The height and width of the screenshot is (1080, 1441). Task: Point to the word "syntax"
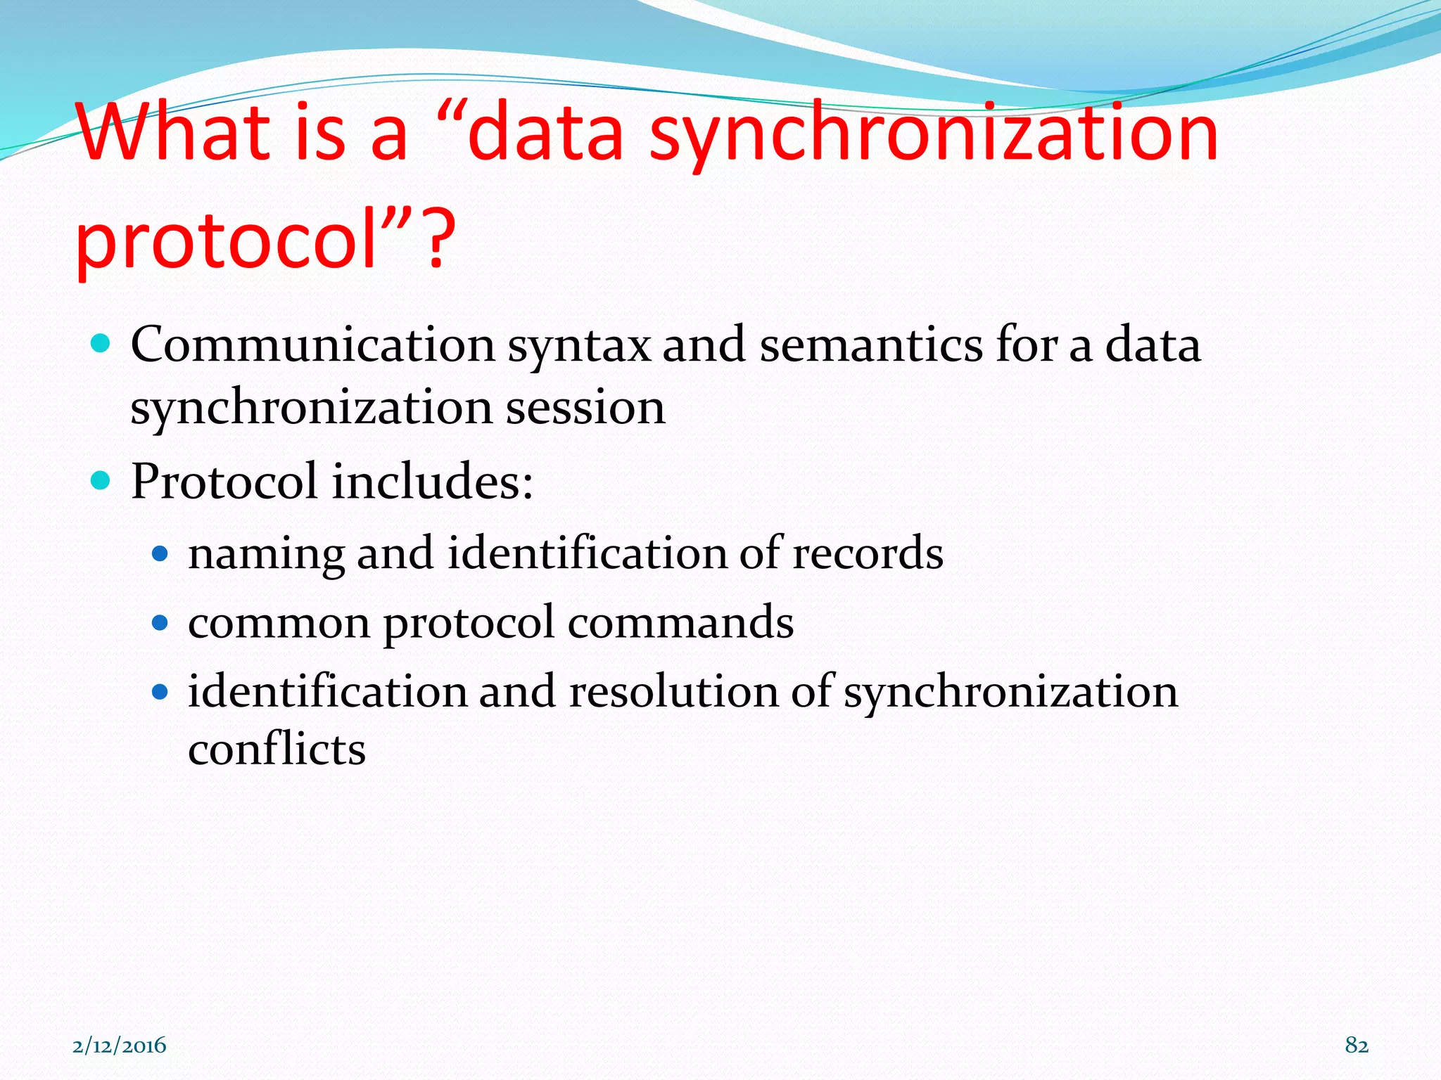pos(579,347)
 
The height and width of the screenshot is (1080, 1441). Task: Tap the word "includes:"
pos(433,482)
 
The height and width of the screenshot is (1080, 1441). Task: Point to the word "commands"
pos(680,622)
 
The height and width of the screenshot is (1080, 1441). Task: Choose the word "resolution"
pos(673,691)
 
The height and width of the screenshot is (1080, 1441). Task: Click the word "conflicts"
pos(277,749)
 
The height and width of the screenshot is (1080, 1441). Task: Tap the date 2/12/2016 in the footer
pos(120,1046)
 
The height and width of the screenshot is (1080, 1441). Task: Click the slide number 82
pos(1357,1046)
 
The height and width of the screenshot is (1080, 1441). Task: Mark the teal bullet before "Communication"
pos(101,344)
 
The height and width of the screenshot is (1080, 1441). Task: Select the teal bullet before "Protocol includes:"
pos(101,481)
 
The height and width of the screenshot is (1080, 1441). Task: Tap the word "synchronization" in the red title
pos(933,134)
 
